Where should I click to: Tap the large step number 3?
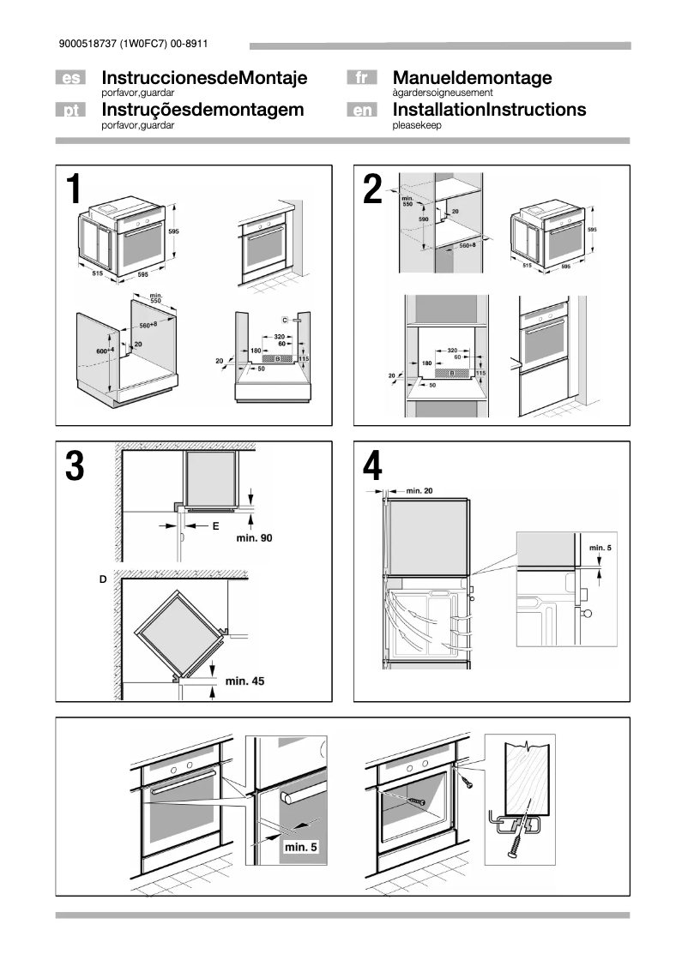(x=75, y=466)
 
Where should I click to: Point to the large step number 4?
(x=373, y=466)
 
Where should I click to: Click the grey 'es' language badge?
(x=71, y=79)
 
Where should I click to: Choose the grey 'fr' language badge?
(x=361, y=79)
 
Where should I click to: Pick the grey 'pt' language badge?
(x=71, y=111)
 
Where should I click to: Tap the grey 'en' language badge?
(x=361, y=111)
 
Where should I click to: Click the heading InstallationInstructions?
(x=489, y=110)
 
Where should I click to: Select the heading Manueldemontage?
(x=472, y=78)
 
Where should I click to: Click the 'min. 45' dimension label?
(x=244, y=681)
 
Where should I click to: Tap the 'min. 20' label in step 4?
(x=419, y=489)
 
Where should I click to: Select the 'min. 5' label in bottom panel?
(x=300, y=847)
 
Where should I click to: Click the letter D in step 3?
(x=103, y=580)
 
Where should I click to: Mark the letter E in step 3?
(x=215, y=526)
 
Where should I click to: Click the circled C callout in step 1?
(x=284, y=319)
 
